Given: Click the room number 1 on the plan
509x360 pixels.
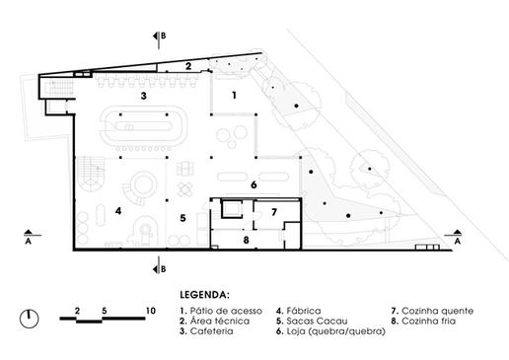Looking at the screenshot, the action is coord(234,96).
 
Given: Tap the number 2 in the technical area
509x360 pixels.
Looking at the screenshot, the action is coord(188,66).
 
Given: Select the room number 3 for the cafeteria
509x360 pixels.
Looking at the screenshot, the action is coord(143,96).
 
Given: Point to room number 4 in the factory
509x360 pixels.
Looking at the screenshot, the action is coord(118,211).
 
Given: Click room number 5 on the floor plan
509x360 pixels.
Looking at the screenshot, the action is coord(182,218).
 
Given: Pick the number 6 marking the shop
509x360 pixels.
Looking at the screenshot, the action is coord(254,184).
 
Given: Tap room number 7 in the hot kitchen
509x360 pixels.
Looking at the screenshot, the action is coord(274,212).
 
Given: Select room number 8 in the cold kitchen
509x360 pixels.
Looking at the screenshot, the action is coord(246,240).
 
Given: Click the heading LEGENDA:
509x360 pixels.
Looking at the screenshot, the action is coord(204,295).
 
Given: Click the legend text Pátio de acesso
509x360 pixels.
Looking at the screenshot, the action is coord(226,311).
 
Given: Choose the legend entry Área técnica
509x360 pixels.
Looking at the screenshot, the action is coord(220,321).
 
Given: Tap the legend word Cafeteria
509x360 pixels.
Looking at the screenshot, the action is coord(211,331).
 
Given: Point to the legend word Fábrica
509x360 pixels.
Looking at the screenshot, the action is coord(304,311).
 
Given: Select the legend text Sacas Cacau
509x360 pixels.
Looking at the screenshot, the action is coord(317,321).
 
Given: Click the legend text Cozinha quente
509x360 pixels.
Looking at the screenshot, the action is coord(438,311).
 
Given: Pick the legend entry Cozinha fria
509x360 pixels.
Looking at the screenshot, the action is coord(429,321).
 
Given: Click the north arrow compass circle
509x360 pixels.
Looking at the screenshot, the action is coord(30,319).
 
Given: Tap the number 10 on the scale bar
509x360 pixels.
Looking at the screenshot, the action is coord(150,311).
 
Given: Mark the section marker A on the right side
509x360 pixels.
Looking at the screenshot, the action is coord(457,237).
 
